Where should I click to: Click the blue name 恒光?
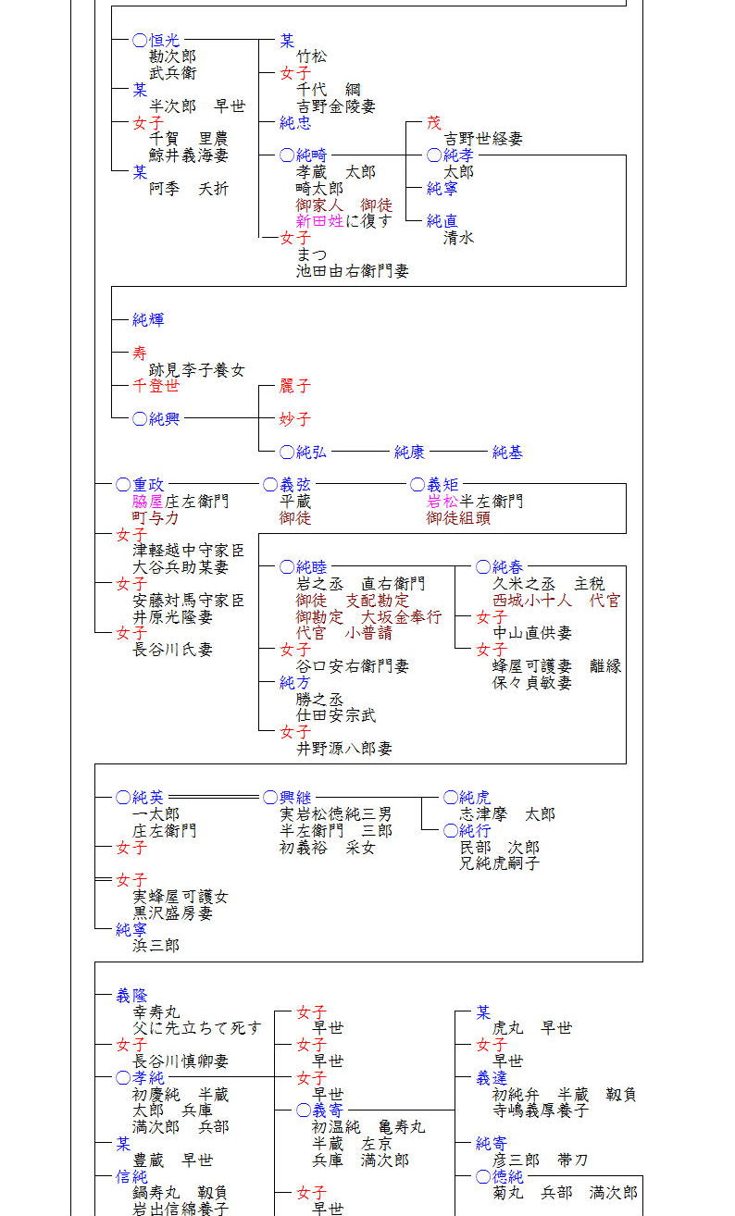164,40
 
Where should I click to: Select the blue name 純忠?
295,123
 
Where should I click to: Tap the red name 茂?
434,123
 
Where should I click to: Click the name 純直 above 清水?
442,221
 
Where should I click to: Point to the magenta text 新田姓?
319,221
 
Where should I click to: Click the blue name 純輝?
148,320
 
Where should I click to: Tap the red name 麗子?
295,386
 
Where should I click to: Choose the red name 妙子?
295,418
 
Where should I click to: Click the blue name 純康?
409,452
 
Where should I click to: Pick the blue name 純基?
507,452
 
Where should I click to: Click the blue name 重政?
148,484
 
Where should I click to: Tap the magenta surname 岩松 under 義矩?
442,501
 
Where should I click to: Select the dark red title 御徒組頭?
459,518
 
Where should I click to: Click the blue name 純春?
507,566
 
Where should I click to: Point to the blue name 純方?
295,682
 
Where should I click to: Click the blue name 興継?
295,798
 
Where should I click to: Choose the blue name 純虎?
475,798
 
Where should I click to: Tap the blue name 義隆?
131,995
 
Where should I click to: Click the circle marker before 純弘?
287,452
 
